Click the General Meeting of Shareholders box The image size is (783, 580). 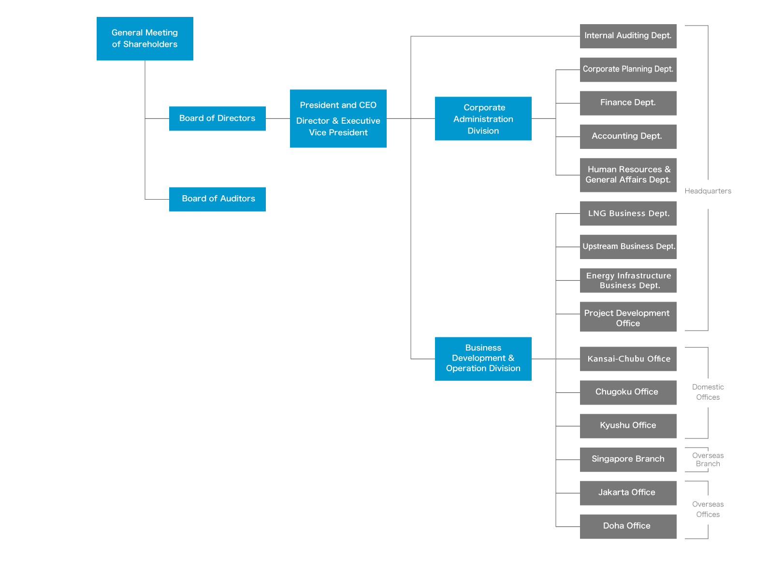pyautogui.click(x=145, y=39)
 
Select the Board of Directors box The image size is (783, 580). pyautogui.click(x=217, y=118)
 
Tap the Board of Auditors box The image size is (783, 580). pyautogui.click(x=217, y=199)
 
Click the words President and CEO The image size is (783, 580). pyautogui.click(x=338, y=105)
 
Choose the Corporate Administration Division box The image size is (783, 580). pyautogui.click(x=483, y=119)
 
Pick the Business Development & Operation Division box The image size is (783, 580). pyautogui.click(x=483, y=359)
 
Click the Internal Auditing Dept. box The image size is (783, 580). pyautogui.click(x=628, y=36)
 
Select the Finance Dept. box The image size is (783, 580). pyautogui.click(x=628, y=103)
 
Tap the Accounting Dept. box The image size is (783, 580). pyautogui.click(x=628, y=136)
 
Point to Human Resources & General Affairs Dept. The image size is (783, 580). pyautogui.click(x=628, y=175)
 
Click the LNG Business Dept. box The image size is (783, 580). pyautogui.click(x=628, y=214)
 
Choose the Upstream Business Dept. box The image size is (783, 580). pyautogui.click(x=628, y=246)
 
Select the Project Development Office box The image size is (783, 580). pyautogui.click(x=628, y=317)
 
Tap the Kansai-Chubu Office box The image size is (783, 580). pyautogui.click(x=628, y=359)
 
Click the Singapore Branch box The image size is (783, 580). pyautogui.click(x=628, y=459)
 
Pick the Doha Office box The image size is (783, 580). pyautogui.click(x=628, y=526)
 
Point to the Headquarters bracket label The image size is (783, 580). pyautogui.click(x=708, y=191)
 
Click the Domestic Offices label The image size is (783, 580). pyautogui.click(x=708, y=392)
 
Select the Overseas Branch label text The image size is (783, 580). pyautogui.click(x=708, y=460)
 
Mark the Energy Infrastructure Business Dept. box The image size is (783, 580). pyautogui.click(x=628, y=281)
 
